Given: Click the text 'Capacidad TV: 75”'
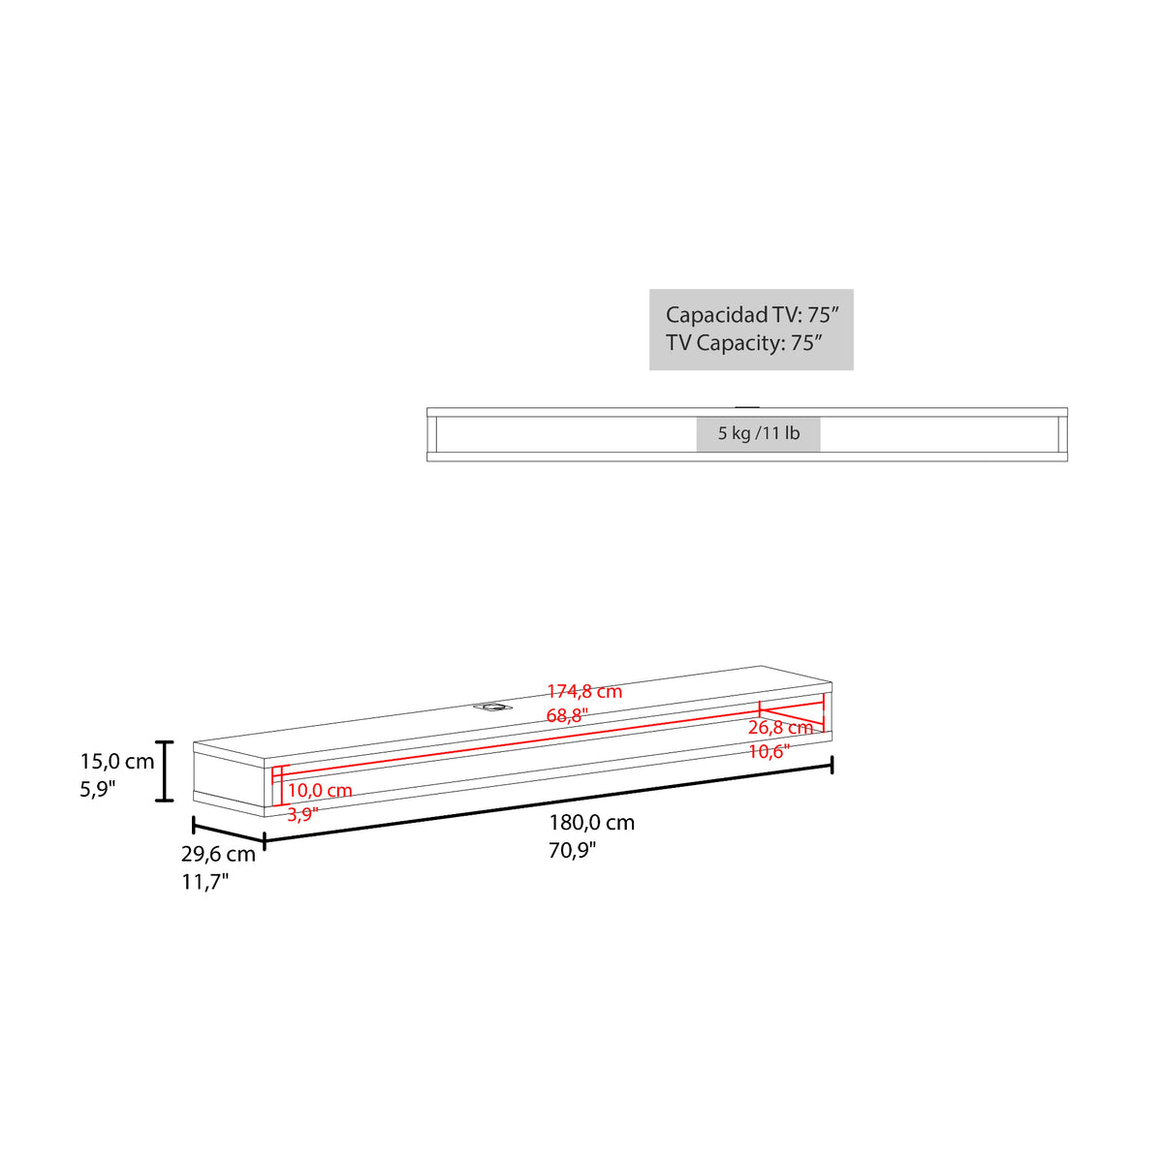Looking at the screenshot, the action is point(752,314).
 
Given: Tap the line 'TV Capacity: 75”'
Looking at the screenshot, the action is point(744,343).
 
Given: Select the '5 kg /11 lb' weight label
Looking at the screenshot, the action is point(759,433).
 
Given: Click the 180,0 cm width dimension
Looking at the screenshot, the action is point(591,823).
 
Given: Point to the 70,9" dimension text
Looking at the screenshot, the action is point(572,850).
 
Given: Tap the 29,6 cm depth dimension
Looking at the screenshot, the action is point(218,854).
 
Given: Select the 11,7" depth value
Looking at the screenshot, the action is point(205,882).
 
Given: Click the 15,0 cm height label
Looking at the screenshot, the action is point(117,762).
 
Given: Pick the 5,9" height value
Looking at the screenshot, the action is point(98,790).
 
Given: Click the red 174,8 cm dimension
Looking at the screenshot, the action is point(584,692).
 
